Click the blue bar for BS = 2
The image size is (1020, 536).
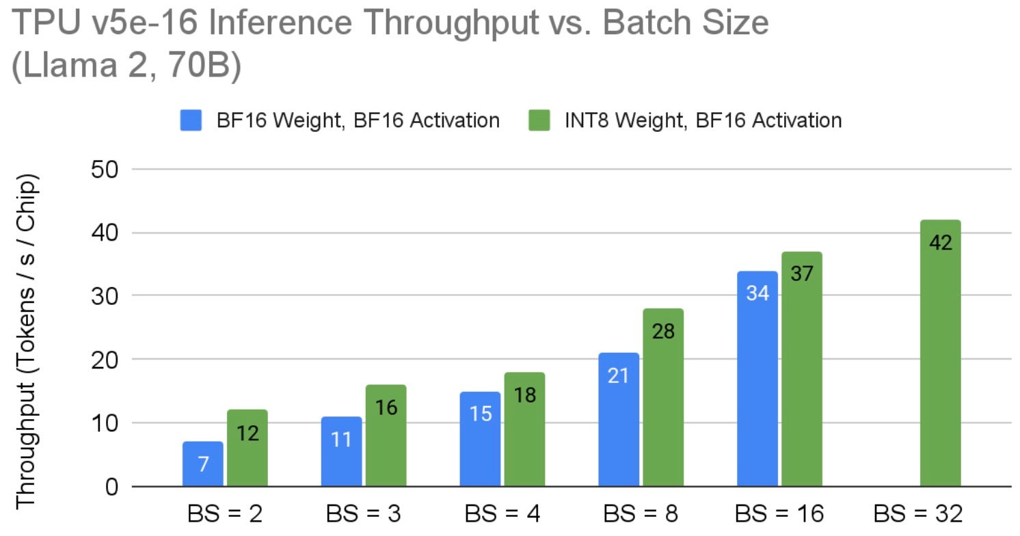tap(203, 464)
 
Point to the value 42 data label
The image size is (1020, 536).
tap(941, 243)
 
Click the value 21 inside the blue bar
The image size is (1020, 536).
tap(618, 376)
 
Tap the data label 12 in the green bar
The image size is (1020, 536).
tap(247, 433)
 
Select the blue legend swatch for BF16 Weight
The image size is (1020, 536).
tap(191, 121)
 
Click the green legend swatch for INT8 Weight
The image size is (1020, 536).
tap(539, 121)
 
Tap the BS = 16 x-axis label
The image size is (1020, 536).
tap(779, 513)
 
